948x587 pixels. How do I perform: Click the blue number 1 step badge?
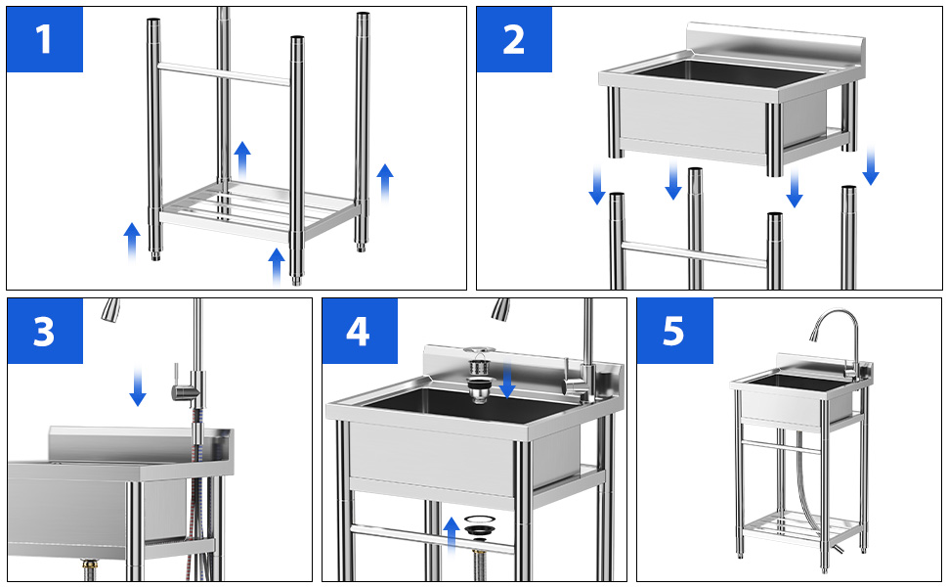point(45,39)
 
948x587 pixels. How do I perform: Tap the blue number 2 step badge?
point(514,39)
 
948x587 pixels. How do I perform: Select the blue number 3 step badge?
point(45,331)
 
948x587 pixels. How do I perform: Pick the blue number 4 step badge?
point(360,331)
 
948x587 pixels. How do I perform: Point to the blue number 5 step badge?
point(674,331)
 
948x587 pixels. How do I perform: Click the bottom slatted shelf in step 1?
point(260,208)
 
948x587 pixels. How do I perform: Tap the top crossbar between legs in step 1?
point(224,73)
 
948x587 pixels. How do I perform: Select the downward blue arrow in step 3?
point(138,385)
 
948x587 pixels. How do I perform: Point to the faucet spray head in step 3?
point(110,308)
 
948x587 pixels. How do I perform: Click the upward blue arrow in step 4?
point(451,536)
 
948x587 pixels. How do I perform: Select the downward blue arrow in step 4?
point(507,379)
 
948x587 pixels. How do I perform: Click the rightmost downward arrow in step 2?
point(871,165)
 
